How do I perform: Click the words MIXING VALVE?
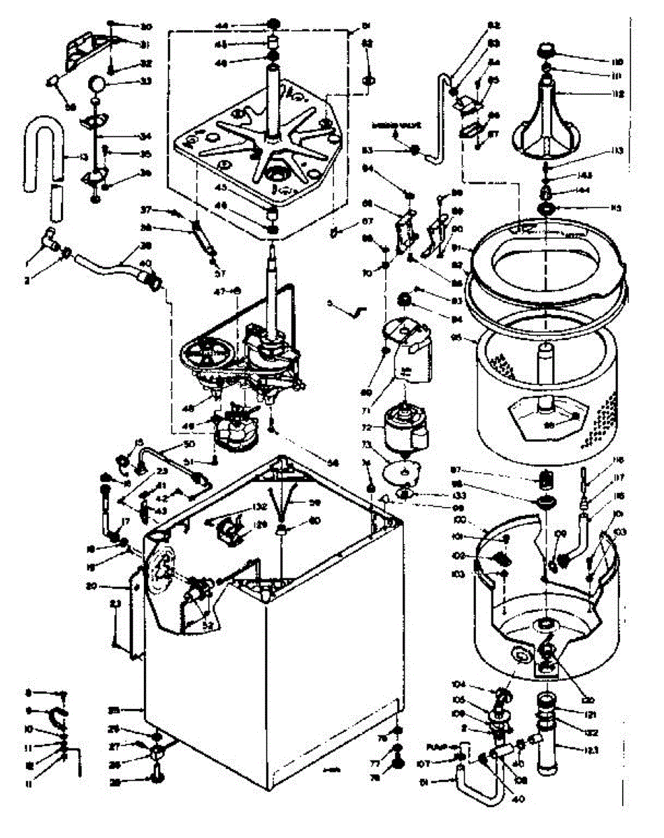coord(394,126)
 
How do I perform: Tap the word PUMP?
coord(437,746)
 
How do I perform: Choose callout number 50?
coord(188,444)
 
